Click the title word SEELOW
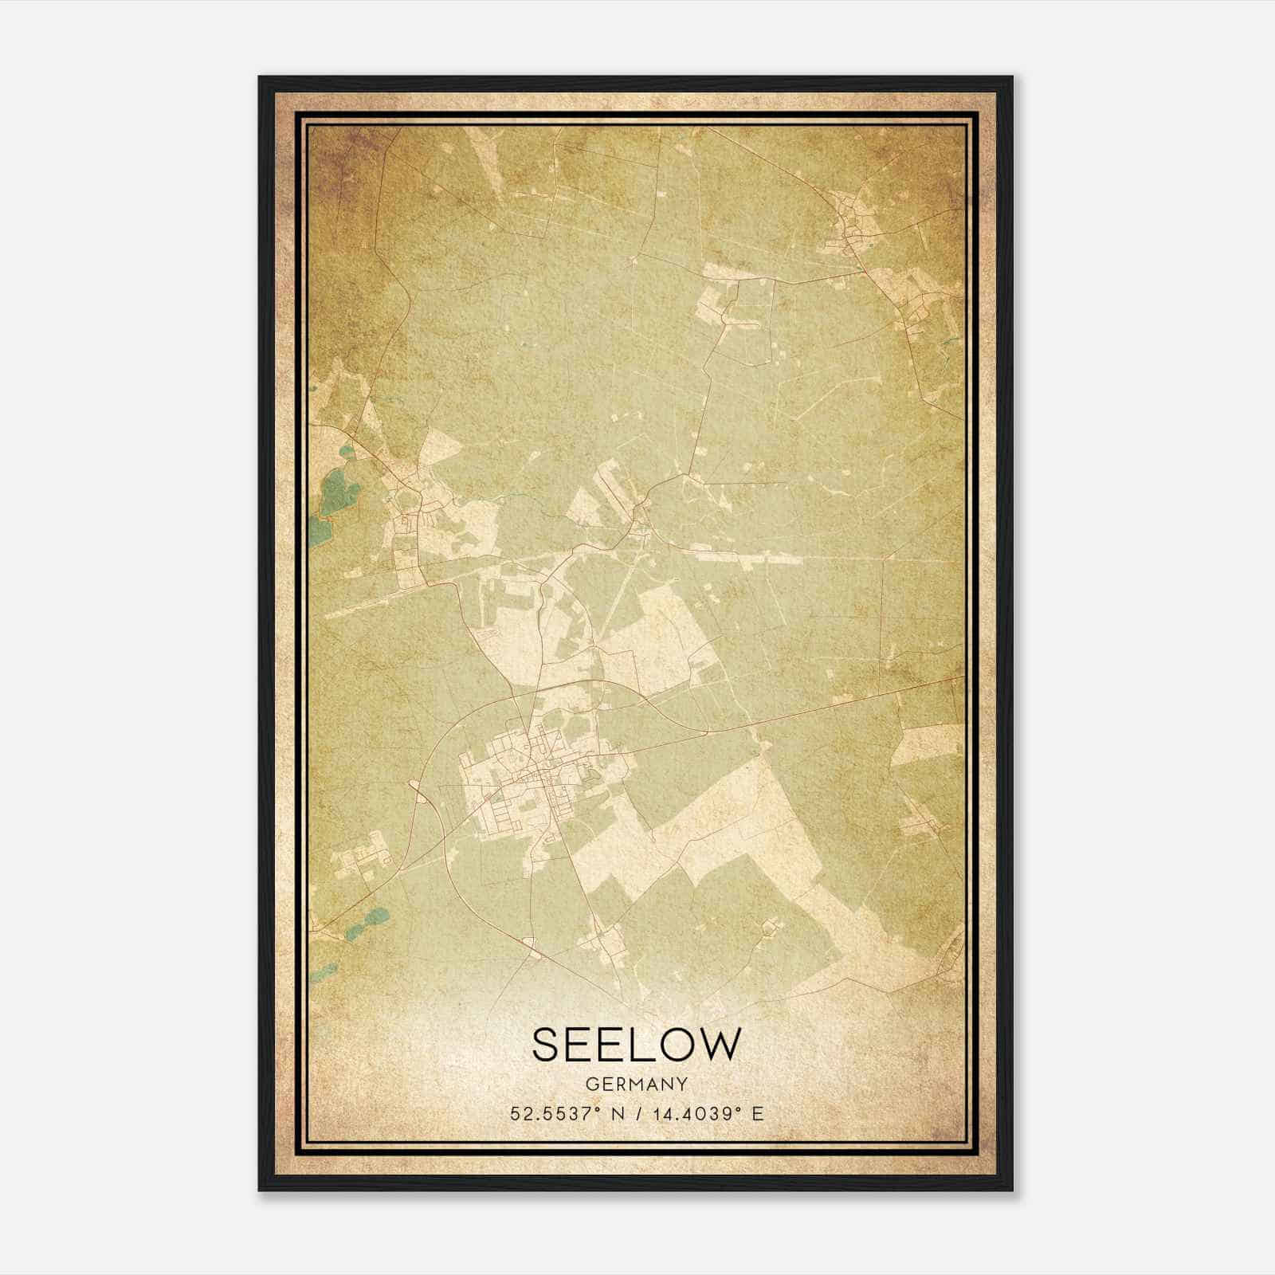[x=636, y=1044]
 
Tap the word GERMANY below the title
[x=636, y=1084]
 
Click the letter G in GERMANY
[x=592, y=1084]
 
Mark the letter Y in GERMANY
[x=682, y=1084]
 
